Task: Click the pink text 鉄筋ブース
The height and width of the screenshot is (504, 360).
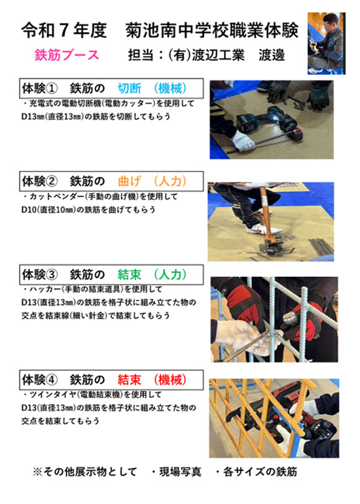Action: point(67,55)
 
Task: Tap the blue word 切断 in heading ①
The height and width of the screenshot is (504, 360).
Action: point(129,88)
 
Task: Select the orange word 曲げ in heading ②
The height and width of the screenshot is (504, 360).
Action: point(129,181)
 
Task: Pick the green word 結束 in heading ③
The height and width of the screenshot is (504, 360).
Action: point(129,274)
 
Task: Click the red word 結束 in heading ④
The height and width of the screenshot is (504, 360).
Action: point(129,380)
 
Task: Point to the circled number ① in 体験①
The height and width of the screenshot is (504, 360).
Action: point(52,88)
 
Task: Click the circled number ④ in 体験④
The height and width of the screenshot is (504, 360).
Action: point(52,380)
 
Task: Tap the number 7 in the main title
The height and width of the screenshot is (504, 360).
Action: point(63,31)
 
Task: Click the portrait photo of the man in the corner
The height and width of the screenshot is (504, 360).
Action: point(326,43)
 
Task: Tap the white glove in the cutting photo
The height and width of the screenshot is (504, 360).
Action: point(243,141)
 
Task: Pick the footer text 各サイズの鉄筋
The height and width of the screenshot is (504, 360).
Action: point(260,472)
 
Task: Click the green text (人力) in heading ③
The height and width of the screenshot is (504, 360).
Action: point(170,274)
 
